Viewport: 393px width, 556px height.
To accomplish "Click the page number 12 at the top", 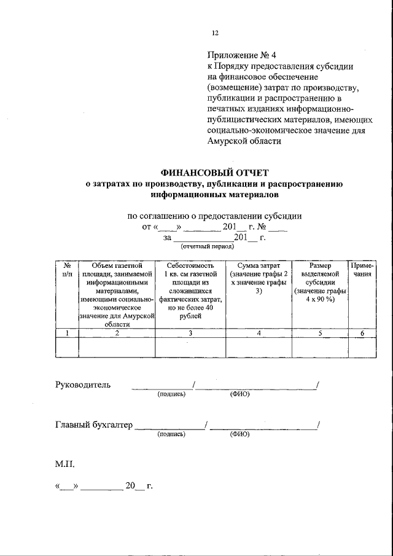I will [x=214, y=33].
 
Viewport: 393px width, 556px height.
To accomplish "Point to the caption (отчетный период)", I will [x=208, y=246].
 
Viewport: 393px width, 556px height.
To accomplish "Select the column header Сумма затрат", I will [x=259, y=265].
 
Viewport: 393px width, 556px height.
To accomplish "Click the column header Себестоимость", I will [x=190, y=265].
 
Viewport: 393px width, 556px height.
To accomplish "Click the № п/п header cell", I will [x=67, y=270].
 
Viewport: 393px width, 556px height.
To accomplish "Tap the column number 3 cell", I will [x=190, y=333].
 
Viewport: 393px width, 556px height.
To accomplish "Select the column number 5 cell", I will [x=321, y=333].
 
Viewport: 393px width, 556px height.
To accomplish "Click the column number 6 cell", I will [x=362, y=333].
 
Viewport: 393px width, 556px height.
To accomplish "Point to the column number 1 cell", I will [x=67, y=333].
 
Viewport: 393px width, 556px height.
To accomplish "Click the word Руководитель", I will [x=84, y=385].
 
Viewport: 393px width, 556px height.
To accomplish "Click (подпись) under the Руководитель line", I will [x=171, y=394].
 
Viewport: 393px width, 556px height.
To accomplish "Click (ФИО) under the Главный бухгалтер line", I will [x=239, y=434].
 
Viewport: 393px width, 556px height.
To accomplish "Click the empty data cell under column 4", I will [x=259, y=347].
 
